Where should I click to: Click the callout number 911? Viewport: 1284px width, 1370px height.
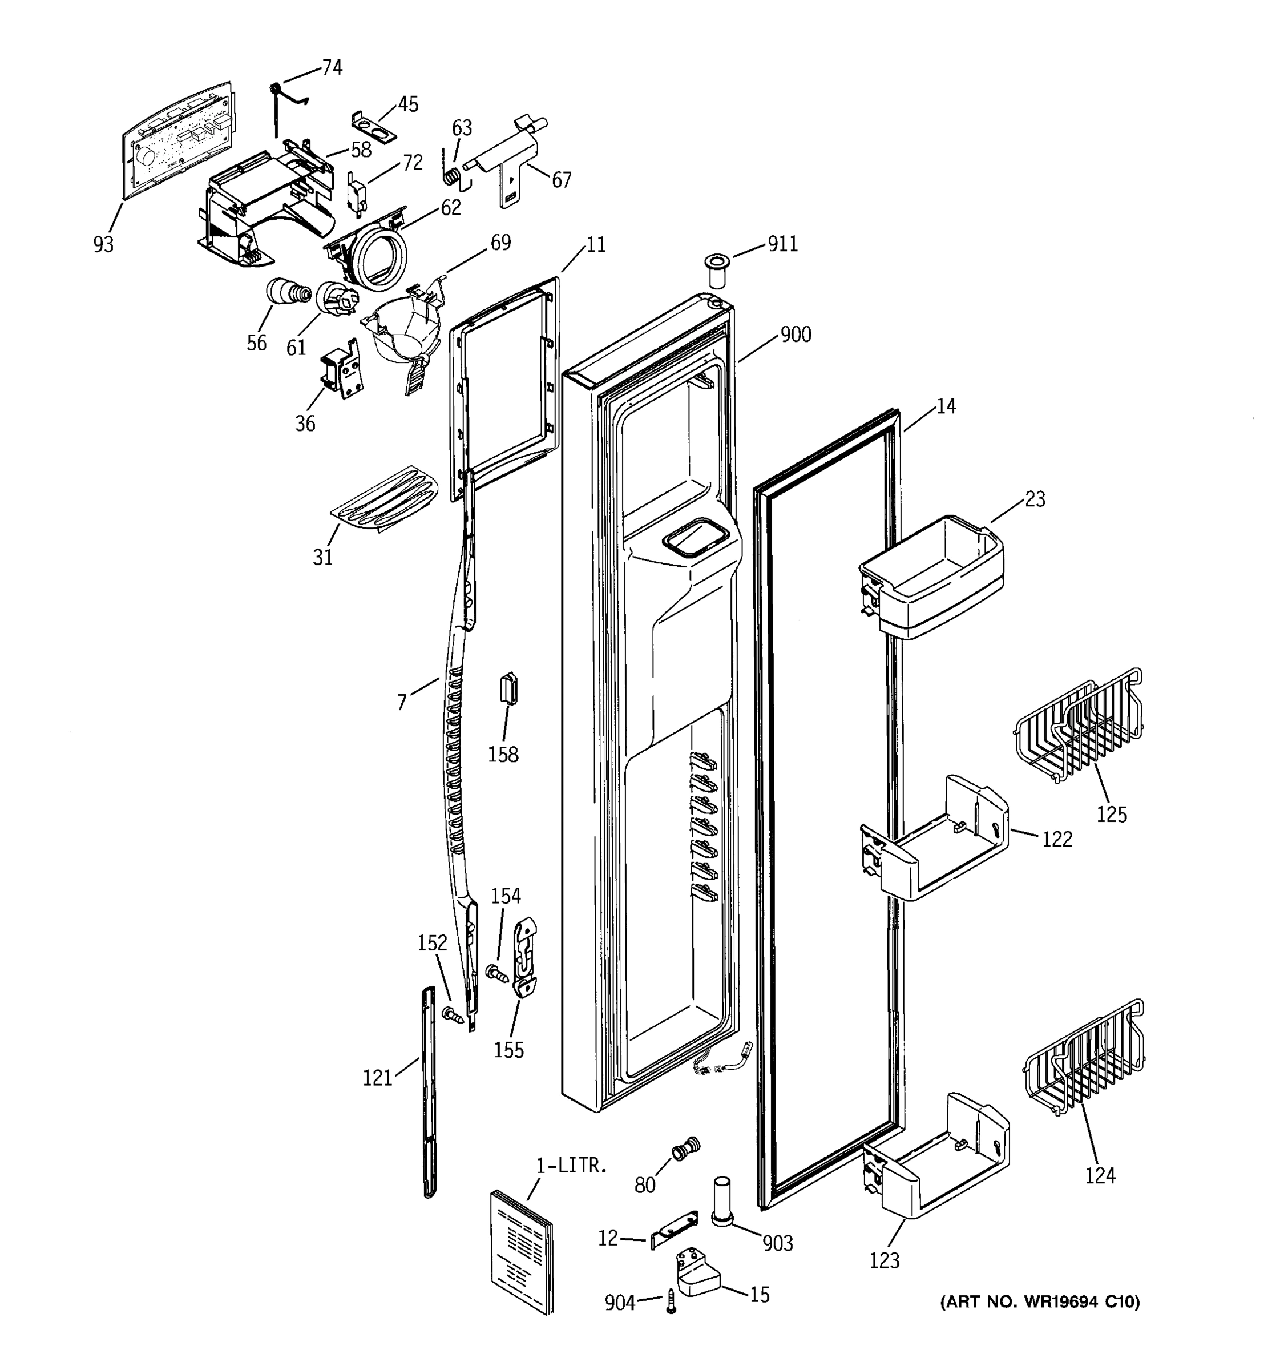[x=782, y=244]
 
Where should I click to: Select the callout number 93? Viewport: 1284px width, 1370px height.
[x=103, y=244]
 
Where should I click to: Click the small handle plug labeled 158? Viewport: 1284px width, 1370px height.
[x=509, y=688]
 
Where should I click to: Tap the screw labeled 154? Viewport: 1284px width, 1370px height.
[x=496, y=974]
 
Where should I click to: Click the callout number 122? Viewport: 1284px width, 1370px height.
[x=1057, y=839]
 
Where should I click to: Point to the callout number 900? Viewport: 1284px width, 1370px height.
[x=795, y=335]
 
